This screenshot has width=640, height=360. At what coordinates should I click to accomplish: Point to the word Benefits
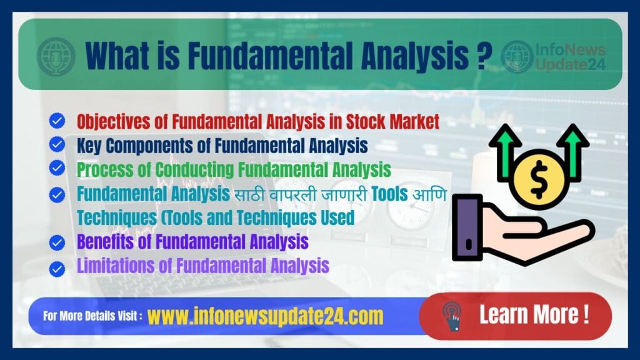103,241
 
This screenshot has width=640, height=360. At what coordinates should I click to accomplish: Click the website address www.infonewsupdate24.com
266,316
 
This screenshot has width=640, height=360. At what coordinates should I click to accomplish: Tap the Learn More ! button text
534,314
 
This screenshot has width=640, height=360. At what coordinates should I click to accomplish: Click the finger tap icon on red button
451,315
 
